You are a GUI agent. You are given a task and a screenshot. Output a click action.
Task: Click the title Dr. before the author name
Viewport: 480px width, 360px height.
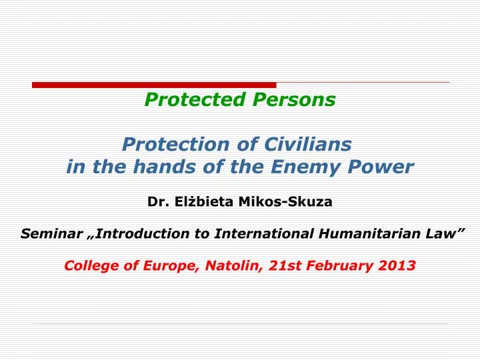pyautogui.click(x=156, y=201)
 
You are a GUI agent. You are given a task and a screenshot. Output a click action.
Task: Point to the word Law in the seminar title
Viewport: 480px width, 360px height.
pyautogui.click(x=446, y=233)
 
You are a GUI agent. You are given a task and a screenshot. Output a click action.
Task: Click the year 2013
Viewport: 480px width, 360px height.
pyautogui.click(x=398, y=265)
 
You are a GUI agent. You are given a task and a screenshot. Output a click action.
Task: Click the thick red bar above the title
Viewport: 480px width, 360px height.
pyautogui.click(x=153, y=85)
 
